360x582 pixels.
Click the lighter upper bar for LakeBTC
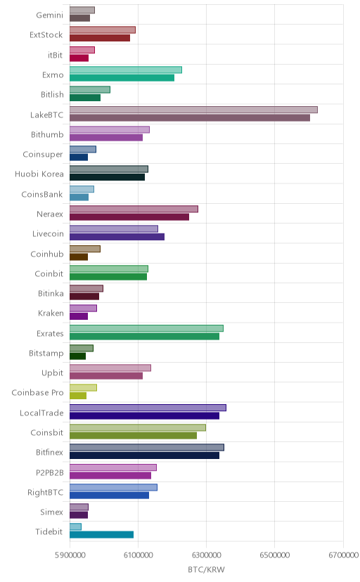click(193, 110)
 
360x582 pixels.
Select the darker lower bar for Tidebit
click(101, 534)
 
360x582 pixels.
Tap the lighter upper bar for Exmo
click(126, 70)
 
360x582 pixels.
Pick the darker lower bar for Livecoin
click(117, 237)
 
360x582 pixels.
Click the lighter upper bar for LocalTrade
click(148, 408)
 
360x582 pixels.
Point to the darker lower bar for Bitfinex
click(144, 455)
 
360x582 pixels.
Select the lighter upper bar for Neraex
click(134, 209)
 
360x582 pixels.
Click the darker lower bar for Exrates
click(144, 336)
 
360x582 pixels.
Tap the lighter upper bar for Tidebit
click(75, 526)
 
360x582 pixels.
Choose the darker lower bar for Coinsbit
click(133, 435)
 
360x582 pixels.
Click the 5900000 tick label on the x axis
click(70, 555)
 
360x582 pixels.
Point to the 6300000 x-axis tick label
click(206, 555)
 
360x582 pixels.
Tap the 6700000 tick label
click(344, 555)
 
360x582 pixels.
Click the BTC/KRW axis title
click(206, 570)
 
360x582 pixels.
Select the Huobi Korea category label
click(39, 174)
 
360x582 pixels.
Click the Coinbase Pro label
click(37, 393)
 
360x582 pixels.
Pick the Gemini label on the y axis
click(49, 15)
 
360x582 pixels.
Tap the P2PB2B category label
click(50, 472)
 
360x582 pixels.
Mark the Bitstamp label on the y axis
click(46, 354)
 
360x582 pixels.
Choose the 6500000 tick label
click(275, 555)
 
